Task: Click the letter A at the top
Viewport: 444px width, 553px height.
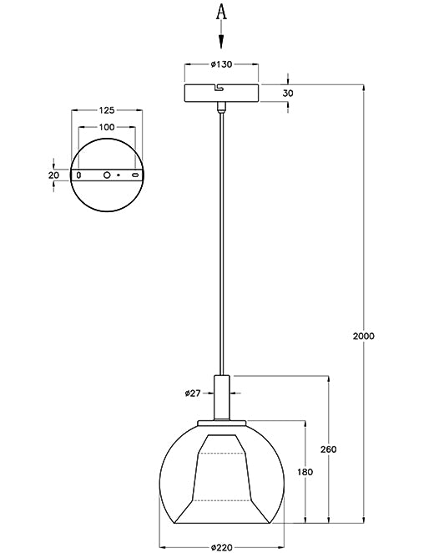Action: (x=221, y=11)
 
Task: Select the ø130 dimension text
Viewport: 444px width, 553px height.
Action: (x=220, y=64)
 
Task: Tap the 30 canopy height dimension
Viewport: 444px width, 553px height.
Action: (x=288, y=94)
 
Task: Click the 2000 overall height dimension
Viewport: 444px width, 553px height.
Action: (x=364, y=337)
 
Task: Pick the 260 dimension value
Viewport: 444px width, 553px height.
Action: (x=328, y=449)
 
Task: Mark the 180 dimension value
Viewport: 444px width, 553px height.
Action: (x=305, y=472)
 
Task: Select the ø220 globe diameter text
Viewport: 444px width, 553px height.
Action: (x=221, y=546)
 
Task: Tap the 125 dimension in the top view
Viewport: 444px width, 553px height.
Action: (x=106, y=109)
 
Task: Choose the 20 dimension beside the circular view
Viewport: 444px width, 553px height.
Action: (x=54, y=175)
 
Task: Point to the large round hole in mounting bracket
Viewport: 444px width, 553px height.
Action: (x=106, y=175)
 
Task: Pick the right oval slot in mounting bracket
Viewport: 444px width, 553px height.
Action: (x=134, y=175)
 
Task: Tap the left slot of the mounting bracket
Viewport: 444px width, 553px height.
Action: (x=78, y=175)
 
